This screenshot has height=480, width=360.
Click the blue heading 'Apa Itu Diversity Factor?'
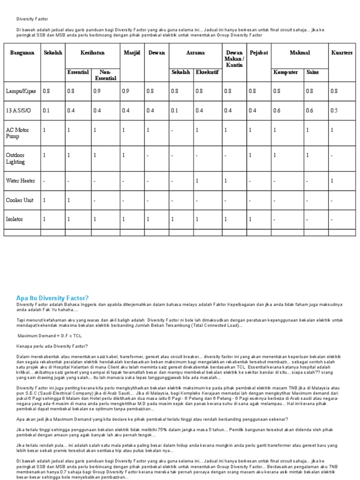(52, 298)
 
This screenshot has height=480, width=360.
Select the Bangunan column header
(22, 53)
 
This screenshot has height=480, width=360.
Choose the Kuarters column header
(341, 53)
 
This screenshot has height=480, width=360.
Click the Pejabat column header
(259, 53)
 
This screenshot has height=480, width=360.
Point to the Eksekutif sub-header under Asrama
(207, 73)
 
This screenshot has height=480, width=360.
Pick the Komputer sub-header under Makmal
(285, 73)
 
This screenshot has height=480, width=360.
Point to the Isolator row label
(14, 219)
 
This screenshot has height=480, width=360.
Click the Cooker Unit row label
(19, 200)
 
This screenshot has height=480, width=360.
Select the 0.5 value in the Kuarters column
(334, 111)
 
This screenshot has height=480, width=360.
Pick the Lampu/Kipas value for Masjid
(126, 91)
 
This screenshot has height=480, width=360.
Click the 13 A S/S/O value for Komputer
(277, 111)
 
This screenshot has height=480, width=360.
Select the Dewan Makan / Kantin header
(234, 59)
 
